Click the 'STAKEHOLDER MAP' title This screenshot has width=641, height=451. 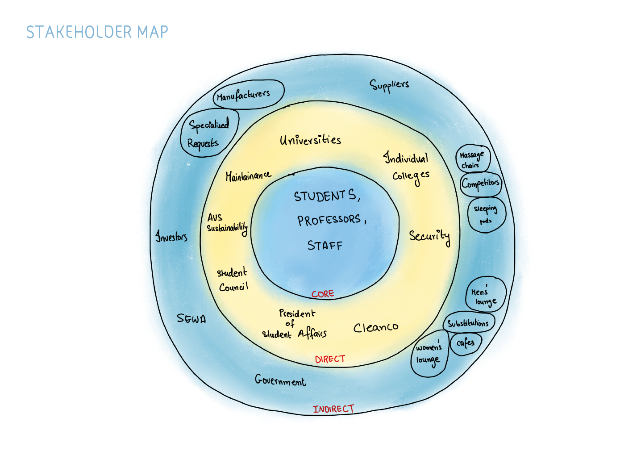(97, 32)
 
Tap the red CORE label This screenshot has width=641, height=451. (323, 294)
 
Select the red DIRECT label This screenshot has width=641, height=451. (330, 359)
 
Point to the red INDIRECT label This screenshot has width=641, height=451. (333, 409)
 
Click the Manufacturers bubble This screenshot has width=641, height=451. (248, 94)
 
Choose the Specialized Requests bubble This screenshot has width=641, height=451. (209, 133)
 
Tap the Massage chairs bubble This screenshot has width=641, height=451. (472, 159)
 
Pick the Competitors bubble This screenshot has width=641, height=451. (481, 184)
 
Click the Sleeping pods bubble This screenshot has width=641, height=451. (486, 214)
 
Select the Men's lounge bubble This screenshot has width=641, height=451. (485, 295)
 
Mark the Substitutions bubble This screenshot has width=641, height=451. (468, 323)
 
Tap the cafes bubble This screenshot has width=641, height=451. (466, 343)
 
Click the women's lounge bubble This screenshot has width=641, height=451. (429, 354)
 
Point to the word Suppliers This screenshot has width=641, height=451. (389, 85)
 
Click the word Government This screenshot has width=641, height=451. (280, 380)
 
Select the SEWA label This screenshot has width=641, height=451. (191, 318)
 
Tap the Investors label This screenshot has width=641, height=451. (171, 236)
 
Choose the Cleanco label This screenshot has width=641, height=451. (376, 328)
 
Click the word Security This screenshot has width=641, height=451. (429, 236)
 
